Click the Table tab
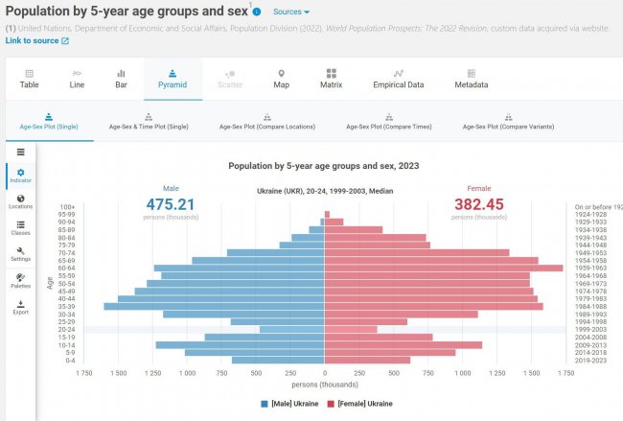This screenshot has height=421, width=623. (30, 79)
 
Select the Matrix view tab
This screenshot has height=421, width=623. (331, 79)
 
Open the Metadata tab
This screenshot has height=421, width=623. (471, 79)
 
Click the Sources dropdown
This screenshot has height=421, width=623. (290, 12)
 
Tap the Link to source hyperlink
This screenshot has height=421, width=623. (36, 41)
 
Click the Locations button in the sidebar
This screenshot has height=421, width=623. (20, 201)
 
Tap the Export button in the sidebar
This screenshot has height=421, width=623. (20, 307)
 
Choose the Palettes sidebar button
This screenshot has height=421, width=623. (20, 281)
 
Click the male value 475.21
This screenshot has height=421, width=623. (171, 203)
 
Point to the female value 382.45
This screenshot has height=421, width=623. (478, 203)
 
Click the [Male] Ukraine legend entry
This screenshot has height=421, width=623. (291, 404)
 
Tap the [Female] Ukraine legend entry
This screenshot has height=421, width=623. (359, 404)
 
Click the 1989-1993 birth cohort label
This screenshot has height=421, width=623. (589, 314)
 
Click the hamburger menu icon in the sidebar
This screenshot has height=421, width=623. (20, 152)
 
